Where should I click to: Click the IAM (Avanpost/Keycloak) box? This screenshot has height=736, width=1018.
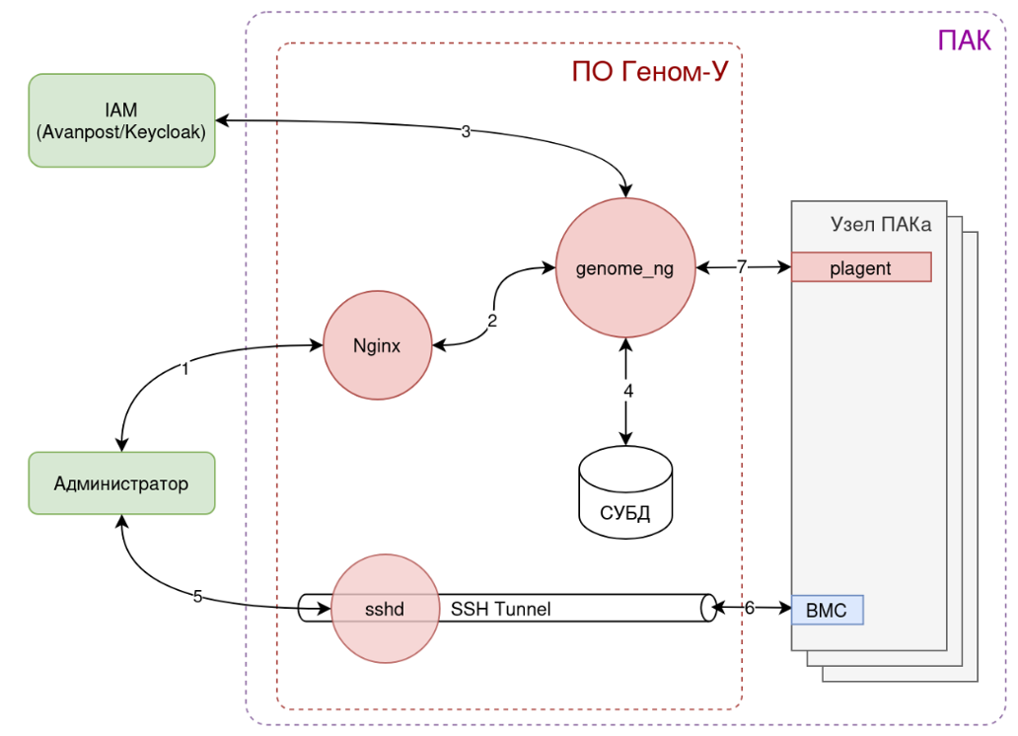pos(121,120)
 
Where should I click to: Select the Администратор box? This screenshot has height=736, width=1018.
pos(121,483)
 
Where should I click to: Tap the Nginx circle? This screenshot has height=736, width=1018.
pos(378,346)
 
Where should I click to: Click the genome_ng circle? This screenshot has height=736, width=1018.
pos(625,268)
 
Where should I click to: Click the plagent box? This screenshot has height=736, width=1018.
pos(860,267)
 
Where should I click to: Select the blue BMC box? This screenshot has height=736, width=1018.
pos(827,610)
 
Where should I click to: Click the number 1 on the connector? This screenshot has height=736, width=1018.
pos(184,369)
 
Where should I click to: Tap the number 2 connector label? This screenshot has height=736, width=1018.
pos(491,321)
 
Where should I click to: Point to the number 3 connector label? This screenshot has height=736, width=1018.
pos(466,131)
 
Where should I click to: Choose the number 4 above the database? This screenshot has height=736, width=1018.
pos(627,391)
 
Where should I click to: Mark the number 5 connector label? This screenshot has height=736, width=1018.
pos(198,596)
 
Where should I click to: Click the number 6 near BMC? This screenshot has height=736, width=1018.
pos(749,608)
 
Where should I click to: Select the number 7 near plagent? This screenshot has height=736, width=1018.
pos(742,266)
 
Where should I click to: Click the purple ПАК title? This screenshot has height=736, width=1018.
pos(963,40)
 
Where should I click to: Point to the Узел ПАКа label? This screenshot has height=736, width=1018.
pos(881,226)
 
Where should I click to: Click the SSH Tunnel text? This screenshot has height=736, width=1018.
pos(500,609)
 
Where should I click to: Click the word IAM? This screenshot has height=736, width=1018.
pos(121,109)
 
